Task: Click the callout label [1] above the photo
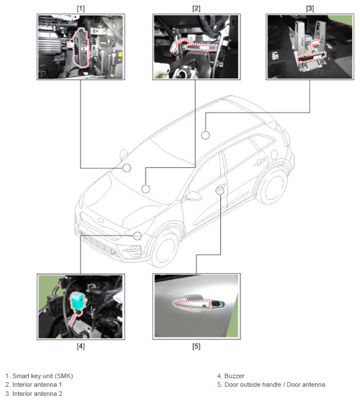tap(80, 9)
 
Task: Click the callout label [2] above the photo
tap(196, 9)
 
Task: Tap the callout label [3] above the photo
tap(310, 9)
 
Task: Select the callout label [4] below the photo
tap(80, 346)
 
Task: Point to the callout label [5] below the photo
tap(196, 346)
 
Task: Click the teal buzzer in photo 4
tap(78, 301)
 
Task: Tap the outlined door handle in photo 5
tap(192, 305)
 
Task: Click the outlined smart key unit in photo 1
tap(82, 48)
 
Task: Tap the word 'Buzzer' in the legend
tap(234, 376)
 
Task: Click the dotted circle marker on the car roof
tap(205, 135)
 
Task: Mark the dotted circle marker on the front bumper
tap(137, 236)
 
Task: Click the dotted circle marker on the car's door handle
tap(220, 190)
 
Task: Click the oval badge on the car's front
tap(100, 221)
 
